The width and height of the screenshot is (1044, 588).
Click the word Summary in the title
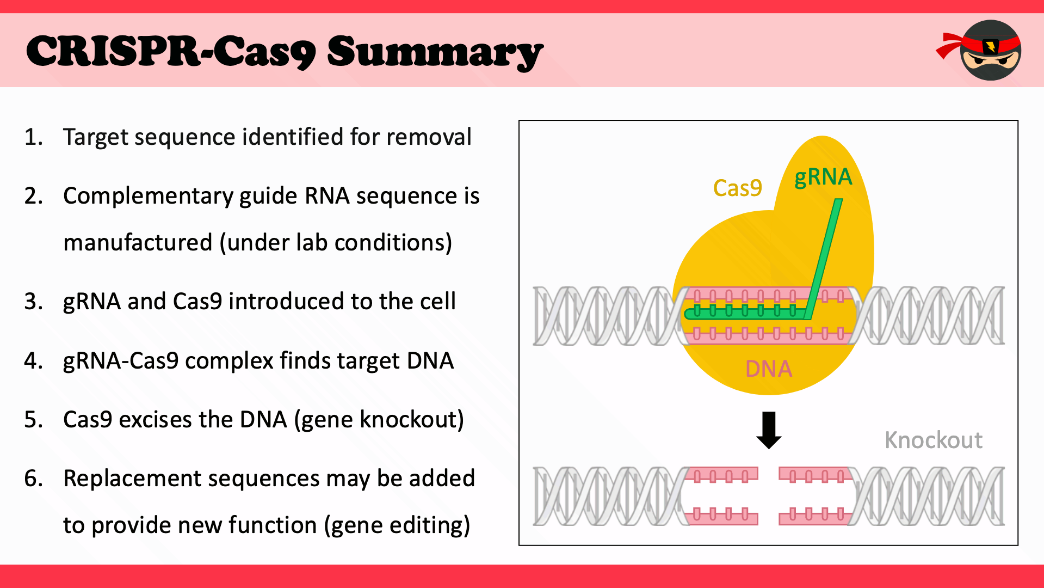(x=435, y=52)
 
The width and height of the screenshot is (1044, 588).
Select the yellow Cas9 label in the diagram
(x=737, y=188)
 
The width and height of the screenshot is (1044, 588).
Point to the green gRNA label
(x=823, y=177)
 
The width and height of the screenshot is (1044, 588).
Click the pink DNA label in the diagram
(x=769, y=369)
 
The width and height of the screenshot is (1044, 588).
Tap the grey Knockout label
(x=934, y=440)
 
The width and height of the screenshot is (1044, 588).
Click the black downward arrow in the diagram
(x=769, y=430)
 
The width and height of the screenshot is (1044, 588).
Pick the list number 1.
(x=33, y=137)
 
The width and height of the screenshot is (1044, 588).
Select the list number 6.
(x=33, y=479)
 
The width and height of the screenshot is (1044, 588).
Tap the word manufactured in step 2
(x=138, y=242)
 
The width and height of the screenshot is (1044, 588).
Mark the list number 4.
(x=33, y=361)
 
